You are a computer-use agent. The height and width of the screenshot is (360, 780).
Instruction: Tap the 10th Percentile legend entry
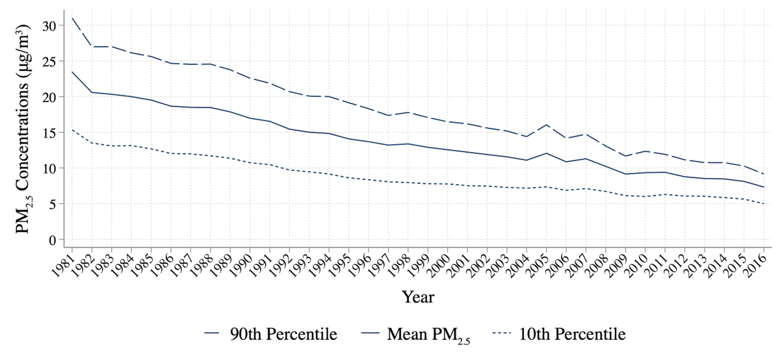558,335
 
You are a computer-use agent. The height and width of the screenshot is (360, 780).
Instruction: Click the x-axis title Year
418,297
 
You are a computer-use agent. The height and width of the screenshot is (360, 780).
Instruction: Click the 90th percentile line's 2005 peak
547,125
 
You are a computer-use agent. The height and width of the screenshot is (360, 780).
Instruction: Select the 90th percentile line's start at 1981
72,18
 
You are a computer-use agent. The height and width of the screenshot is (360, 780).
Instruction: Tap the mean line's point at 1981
72,71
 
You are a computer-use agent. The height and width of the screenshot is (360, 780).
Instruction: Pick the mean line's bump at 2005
547,153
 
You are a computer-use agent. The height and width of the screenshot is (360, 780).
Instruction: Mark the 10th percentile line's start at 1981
72,130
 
